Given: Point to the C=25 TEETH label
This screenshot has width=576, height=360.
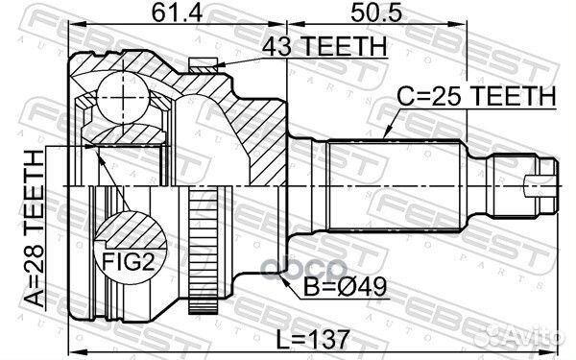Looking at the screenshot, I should tap(477, 96).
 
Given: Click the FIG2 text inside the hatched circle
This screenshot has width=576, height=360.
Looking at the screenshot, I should tap(124, 256).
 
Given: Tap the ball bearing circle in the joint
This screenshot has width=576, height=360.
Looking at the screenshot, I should tap(119, 97).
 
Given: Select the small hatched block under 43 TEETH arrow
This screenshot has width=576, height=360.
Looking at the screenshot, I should tap(203, 65).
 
